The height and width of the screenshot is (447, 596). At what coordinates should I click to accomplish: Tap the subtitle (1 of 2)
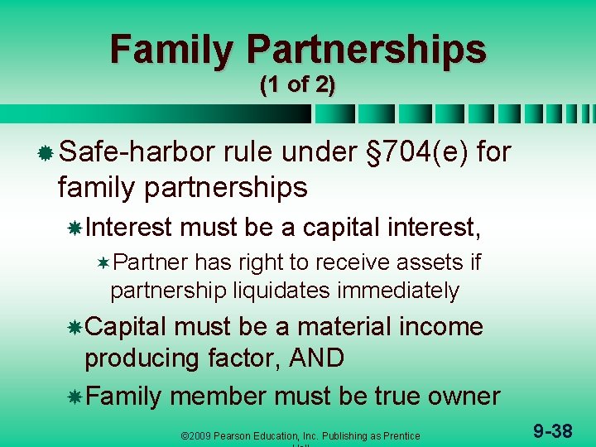tap(297, 85)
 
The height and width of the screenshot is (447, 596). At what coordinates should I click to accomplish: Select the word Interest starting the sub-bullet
tap(127, 226)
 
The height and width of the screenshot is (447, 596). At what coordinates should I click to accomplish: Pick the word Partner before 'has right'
tap(151, 262)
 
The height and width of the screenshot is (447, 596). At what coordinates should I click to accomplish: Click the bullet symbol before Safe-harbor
tap(46, 152)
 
